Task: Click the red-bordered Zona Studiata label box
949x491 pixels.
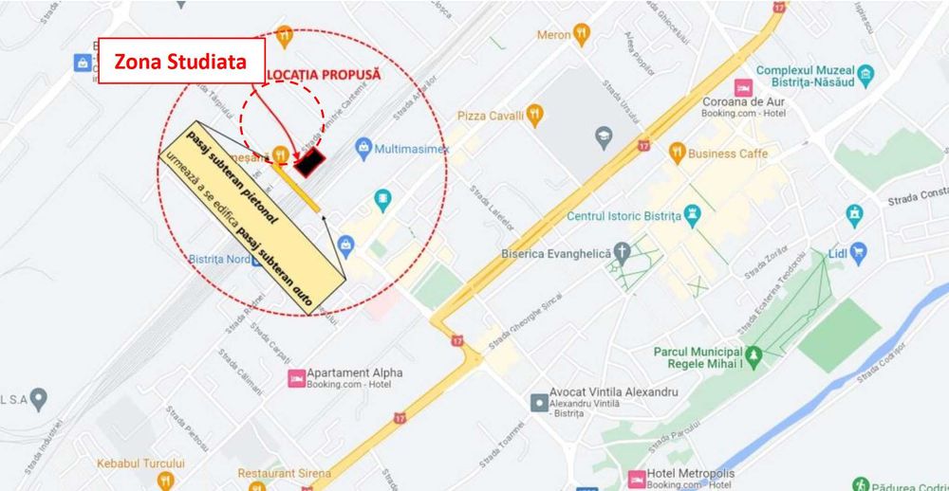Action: click(x=180, y=62)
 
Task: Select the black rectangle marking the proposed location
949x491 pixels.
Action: click(x=310, y=163)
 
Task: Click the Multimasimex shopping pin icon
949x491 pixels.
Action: click(x=363, y=147)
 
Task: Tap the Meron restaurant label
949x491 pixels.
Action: click(x=554, y=35)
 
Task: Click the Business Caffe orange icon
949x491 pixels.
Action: click(x=677, y=153)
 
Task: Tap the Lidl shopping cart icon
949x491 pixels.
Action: click(x=859, y=251)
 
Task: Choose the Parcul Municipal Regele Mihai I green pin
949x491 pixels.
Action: click(x=754, y=357)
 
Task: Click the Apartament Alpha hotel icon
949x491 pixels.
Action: click(x=295, y=379)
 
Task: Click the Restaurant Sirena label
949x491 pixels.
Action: click(x=284, y=473)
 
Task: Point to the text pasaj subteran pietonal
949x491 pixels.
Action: click(x=233, y=173)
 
